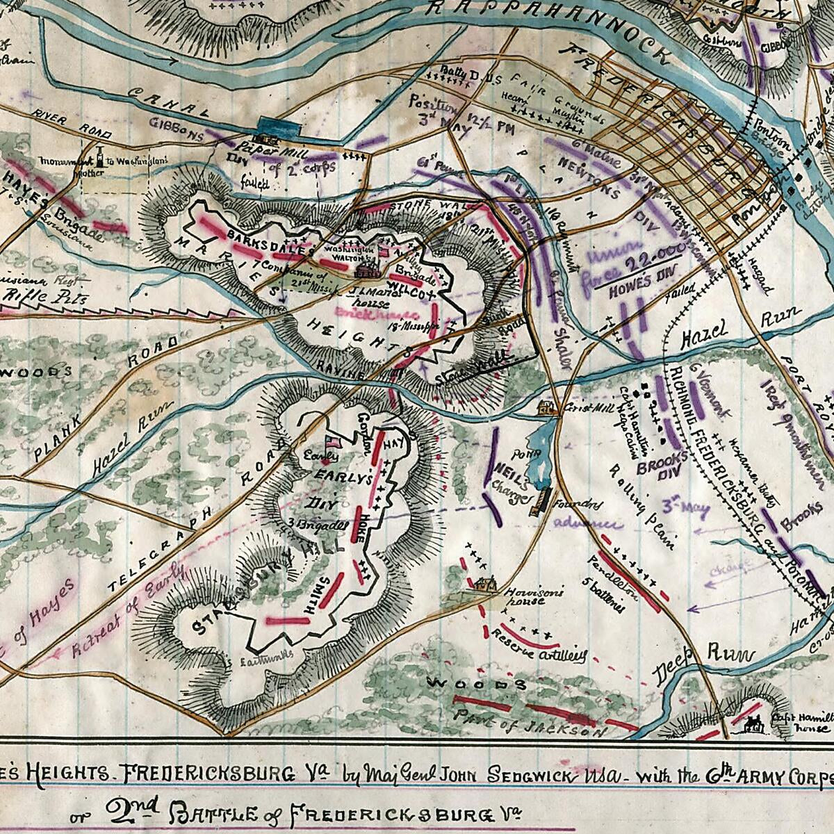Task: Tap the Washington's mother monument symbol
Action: point(101,158)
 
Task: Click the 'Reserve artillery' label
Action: point(539,646)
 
